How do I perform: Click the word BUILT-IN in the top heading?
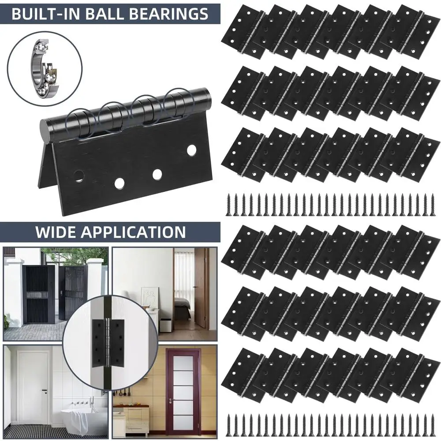click(x=45, y=14)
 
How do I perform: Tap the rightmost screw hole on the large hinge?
click(x=191, y=149)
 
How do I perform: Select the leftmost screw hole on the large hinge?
click(x=79, y=176)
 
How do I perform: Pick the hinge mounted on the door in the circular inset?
click(x=108, y=343)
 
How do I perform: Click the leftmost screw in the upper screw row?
click(x=229, y=205)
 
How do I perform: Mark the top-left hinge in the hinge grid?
click(x=244, y=31)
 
